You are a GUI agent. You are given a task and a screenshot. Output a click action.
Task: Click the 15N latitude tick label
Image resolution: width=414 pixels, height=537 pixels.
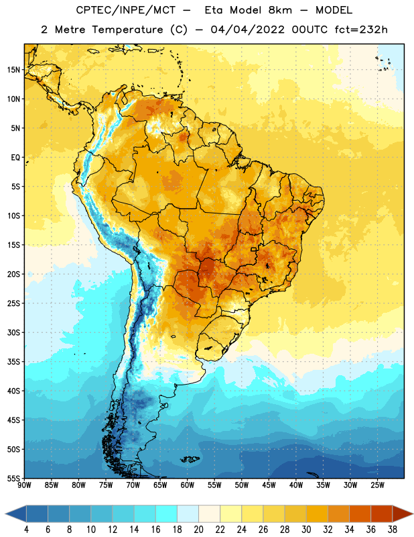click(13, 70)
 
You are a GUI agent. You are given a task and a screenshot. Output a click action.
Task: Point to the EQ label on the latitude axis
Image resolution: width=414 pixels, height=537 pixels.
click(15, 158)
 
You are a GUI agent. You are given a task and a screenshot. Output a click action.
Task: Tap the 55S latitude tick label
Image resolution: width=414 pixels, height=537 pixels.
click(13, 478)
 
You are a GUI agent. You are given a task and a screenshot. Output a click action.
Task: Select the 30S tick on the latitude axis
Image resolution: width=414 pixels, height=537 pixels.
click(13, 332)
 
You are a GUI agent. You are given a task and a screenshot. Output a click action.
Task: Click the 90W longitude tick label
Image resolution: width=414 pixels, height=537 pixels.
click(24, 485)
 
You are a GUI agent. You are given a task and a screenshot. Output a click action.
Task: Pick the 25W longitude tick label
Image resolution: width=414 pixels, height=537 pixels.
click(377, 485)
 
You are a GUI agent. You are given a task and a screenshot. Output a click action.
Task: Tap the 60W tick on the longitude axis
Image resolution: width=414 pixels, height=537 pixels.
click(188, 485)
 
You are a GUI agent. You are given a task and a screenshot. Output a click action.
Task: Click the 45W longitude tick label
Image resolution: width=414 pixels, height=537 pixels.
click(269, 485)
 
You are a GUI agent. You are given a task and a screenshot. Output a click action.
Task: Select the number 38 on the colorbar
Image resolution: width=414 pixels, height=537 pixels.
click(393, 530)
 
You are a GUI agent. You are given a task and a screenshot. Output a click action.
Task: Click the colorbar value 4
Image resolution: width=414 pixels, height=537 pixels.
click(26, 530)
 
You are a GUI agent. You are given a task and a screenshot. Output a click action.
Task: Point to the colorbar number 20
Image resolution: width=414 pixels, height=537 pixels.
click(198, 530)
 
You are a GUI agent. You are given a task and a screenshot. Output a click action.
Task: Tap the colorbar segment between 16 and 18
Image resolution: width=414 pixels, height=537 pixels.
click(166, 514)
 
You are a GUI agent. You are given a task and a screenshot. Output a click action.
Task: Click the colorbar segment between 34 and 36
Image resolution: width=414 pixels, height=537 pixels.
click(360, 514)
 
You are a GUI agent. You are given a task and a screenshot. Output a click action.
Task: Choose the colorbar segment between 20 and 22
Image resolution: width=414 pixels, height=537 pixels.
click(209, 514)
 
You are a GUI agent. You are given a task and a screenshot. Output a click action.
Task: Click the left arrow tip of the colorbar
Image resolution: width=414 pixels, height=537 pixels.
click(5, 514)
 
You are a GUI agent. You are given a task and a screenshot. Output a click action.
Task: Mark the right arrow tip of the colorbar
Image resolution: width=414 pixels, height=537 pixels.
click(413, 514)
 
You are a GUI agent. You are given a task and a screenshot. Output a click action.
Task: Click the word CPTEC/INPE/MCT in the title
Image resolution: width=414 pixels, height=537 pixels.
click(126, 10)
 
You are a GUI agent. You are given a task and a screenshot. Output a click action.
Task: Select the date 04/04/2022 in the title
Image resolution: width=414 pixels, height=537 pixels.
click(247, 30)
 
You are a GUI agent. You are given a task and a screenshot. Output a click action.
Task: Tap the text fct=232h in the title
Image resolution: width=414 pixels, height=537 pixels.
click(361, 30)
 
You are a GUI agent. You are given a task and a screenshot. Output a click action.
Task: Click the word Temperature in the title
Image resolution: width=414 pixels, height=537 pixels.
click(127, 30)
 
